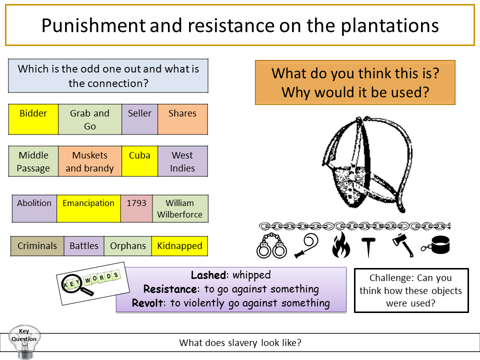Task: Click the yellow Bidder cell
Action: click(x=33, y=119)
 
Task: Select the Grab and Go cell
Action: click(x=90, y=119)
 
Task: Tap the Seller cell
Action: click(x=139, y=119)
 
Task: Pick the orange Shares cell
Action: click(x=182, y=119)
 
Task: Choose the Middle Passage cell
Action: click(x=33, y=161)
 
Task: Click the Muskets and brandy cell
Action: click(x=90, y=161)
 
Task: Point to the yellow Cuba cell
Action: click(x=139, y=161)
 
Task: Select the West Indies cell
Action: click(x=182, y=161)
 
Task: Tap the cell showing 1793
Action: click(x=136, y=208)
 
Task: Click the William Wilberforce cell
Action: click(x=180, y=208)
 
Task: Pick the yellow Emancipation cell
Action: click(x=88, y=208)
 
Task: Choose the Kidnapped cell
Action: click(x=179, y=246)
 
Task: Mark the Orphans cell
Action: click(x=128, y=246)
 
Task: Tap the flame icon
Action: click(x=341, y=245)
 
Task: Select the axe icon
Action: click(x=403, y=245)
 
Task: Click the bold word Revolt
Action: click(x=148, y=303)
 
